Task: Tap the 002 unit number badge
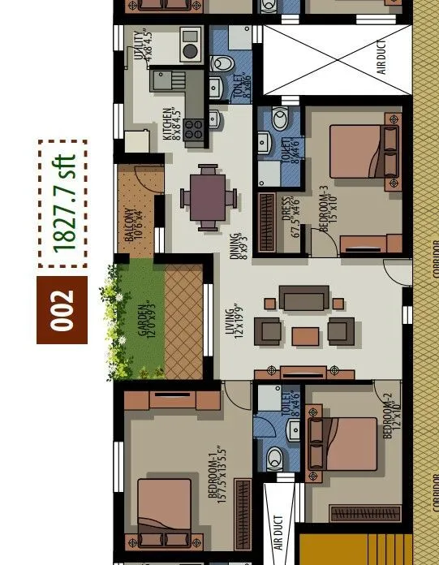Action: tap(63, 310)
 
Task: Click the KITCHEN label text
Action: tap(171, 124)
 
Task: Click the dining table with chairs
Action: tap(209, 197)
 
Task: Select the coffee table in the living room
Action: tap(305, 334)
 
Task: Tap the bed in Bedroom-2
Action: tap(341, 443)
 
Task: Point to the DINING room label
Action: tap(237, 246)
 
